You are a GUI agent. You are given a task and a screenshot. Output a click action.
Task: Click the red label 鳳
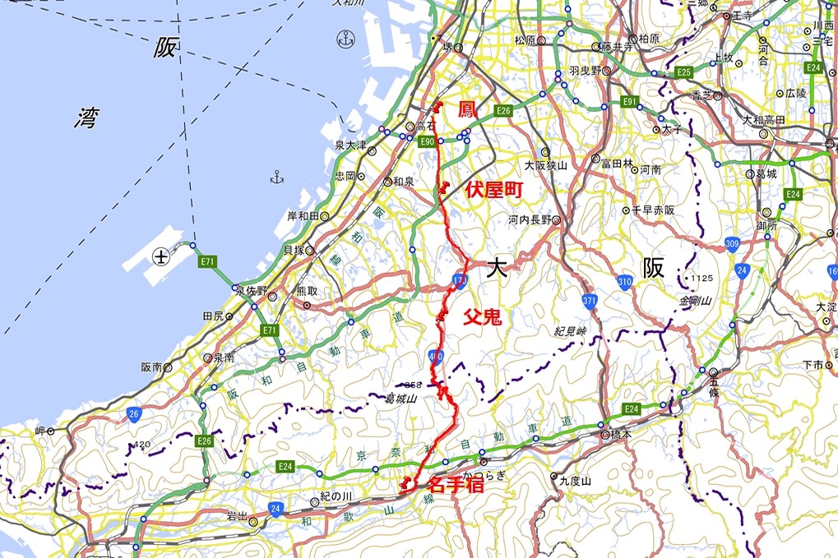tap(466, 108)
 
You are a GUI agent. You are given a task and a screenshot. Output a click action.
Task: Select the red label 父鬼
tap(482, 316)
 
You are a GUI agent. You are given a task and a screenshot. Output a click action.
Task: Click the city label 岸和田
tap(302, 216)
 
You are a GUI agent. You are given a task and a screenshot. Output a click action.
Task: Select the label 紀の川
tap(336, 498)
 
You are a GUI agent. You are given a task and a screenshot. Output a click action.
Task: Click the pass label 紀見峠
tap(569, 331)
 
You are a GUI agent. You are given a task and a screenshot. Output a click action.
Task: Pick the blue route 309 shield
tap(733, 244)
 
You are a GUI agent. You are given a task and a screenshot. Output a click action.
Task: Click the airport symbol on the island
tap(161, 256)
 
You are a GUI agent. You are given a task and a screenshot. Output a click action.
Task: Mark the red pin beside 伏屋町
tap(443, 188)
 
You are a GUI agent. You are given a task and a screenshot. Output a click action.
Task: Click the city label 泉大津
tap(350, 145)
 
